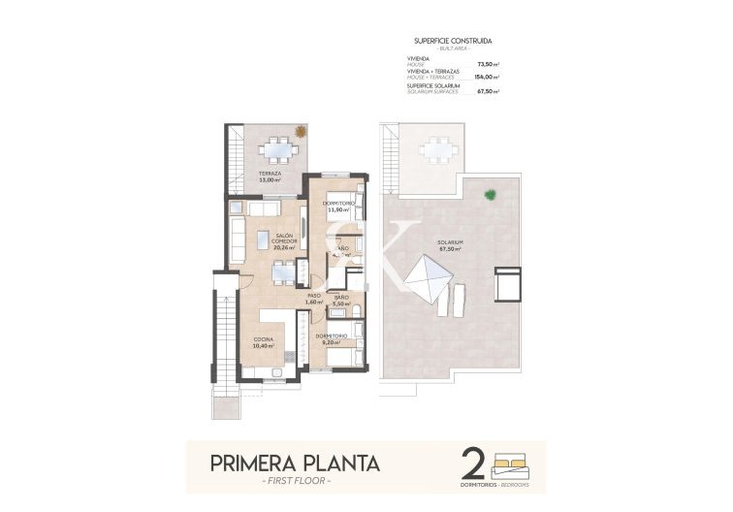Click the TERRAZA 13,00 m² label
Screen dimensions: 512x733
(x=269, y=176)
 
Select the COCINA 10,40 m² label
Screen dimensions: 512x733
(x=264, y=341)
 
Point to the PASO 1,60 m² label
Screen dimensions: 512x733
(x=313, y=299)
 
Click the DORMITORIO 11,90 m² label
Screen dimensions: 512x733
(x=337, y=206)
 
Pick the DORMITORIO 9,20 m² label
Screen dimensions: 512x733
(x=332, y=338)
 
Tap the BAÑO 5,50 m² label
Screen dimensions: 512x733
(x=340, y=300)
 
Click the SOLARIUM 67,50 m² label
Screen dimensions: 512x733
(x=449, y=245)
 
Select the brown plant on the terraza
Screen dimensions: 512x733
(x=301, y=131)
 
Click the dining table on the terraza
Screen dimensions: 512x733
(x=278, y=149)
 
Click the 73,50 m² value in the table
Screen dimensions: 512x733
(x=487, y=64)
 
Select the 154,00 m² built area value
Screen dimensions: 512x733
(x=486, y=77)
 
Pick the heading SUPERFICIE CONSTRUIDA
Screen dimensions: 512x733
(x=452, y=41)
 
